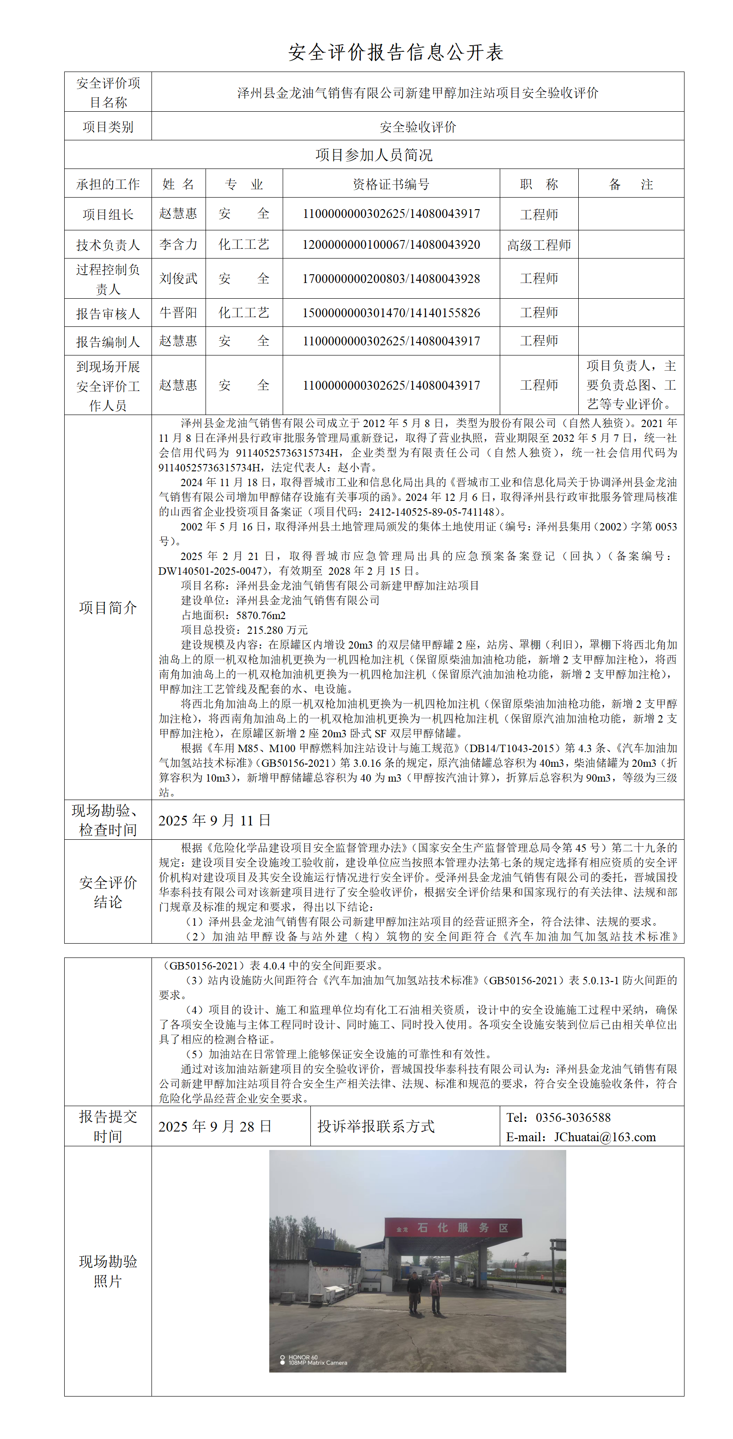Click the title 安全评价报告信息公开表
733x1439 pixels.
click(395, 52)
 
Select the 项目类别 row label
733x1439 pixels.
click(108, 127)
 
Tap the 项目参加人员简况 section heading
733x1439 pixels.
click(374, 155)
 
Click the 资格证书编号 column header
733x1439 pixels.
click(391, 184)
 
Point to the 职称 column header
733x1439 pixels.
click(539, 184)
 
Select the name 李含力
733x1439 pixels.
click(178, 244)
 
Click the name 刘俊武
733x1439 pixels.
click(178, 278)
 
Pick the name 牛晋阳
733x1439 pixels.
click(178, 313)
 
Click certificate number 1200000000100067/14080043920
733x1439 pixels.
click(391, 245)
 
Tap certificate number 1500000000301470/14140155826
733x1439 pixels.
click(391, 313)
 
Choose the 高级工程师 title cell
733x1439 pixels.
click(539, 245)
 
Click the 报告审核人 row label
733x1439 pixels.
click(108, 313)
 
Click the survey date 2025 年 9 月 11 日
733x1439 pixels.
click(214, 820)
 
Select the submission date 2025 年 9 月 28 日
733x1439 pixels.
click(214, 1126)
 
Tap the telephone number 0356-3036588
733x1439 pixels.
click(573, 1117)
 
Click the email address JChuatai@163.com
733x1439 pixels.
click(605, 1137)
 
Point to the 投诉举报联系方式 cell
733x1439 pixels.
click(376, 1126)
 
